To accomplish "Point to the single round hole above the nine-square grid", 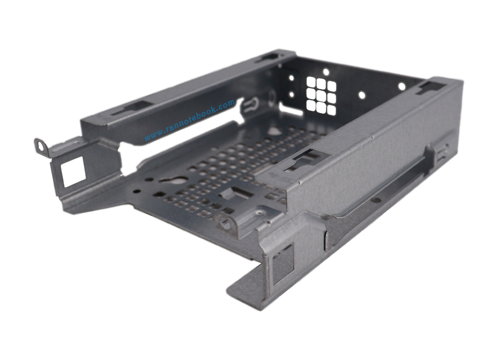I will (326, 72).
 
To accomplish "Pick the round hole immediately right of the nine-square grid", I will (361, 95).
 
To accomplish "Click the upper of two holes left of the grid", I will (291, 78).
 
